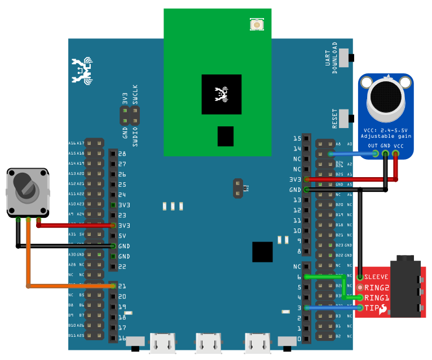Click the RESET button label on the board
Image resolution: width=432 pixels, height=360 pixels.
pos(334,118)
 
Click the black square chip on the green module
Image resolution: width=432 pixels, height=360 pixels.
pos(222,95)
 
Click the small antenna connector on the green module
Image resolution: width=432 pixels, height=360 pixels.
pos(257,24)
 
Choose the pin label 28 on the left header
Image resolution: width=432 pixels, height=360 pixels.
pos(122,153)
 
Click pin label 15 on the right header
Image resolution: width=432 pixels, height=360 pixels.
pos(297,138)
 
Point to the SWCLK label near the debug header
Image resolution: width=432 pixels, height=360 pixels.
pos(135,94)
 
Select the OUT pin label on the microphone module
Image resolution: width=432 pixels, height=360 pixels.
pos(373,146)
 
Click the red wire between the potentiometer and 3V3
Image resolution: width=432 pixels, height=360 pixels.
pos(76,225)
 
